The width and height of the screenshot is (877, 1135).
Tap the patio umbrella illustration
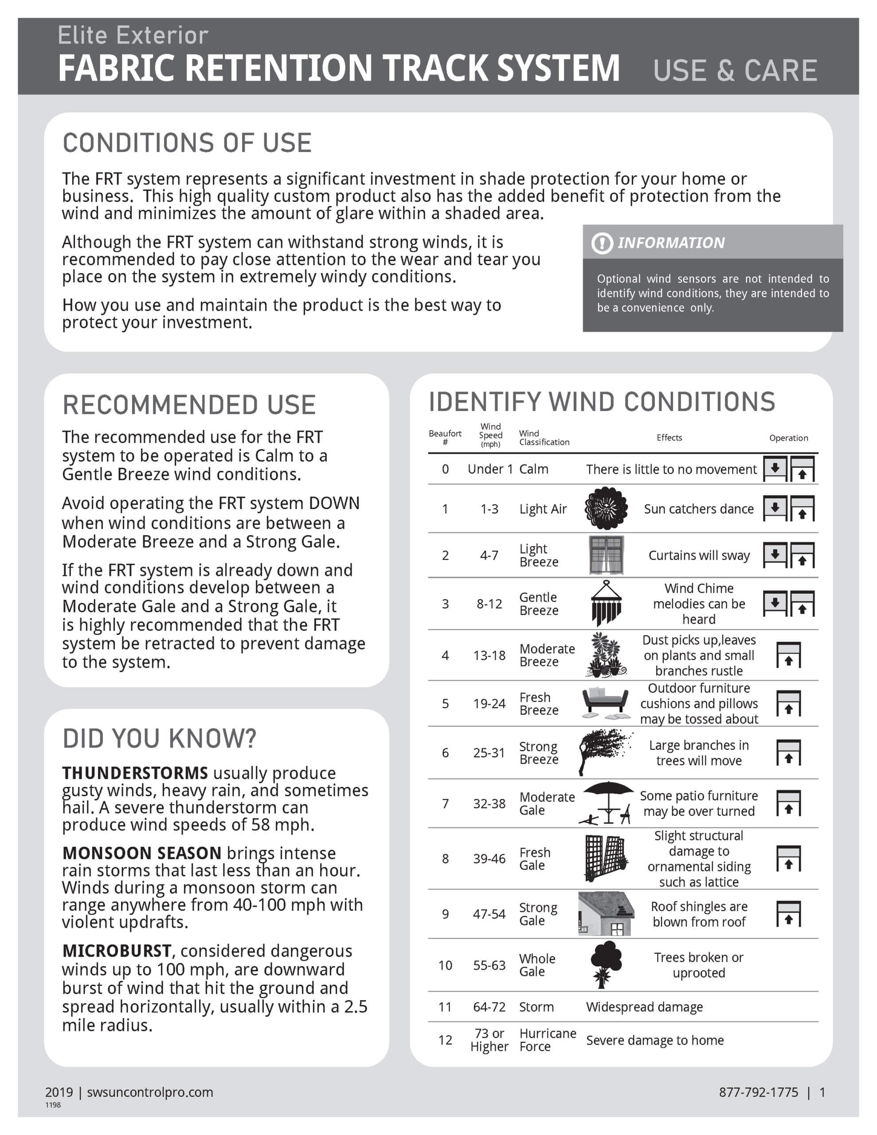(607, 803)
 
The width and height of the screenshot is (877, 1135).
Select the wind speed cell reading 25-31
(489, 752)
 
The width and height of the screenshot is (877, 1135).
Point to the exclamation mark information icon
(602, 243)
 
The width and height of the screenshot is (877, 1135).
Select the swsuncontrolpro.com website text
(150, 1092)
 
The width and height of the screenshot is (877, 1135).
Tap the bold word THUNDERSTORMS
(135, 773)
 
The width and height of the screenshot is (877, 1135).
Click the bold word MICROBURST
(117, 951)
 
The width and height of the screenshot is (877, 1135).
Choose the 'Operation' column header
(788, 438)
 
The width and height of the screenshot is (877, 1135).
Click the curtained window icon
(606, 555)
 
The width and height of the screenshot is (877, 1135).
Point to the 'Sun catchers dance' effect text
(698, 509)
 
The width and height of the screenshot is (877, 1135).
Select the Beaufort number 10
(445, 965)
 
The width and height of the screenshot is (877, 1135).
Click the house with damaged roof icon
(606, 914)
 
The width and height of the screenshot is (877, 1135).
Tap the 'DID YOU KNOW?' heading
(159, 739)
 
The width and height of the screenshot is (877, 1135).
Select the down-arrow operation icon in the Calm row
(775, 468)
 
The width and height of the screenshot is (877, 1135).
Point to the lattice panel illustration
(605, 858)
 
